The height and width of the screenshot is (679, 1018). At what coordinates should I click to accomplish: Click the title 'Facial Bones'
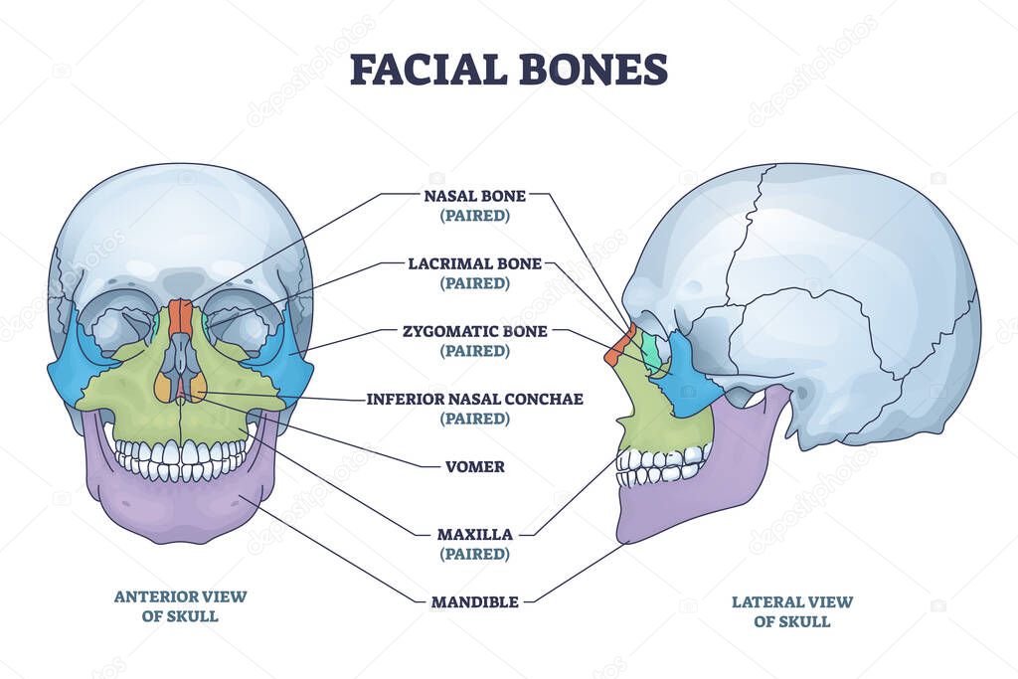(509, 70)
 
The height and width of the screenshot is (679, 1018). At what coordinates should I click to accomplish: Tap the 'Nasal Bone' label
(474, 196)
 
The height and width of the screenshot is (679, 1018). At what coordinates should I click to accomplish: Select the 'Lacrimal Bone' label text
(474, 263)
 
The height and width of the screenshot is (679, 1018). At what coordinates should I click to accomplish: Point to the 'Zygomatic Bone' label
(474, 331)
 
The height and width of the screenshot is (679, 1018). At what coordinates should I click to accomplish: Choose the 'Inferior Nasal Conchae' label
(474, 399)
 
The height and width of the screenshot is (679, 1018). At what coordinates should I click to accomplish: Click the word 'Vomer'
(475, 466)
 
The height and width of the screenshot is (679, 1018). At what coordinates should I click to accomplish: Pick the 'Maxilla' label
(474, 534)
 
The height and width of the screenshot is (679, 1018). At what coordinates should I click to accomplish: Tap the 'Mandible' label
(474, 601)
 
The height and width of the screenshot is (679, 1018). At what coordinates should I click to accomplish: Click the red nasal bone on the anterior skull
(180, 316)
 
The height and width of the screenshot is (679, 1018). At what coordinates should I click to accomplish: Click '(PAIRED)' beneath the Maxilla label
(474, 554)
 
